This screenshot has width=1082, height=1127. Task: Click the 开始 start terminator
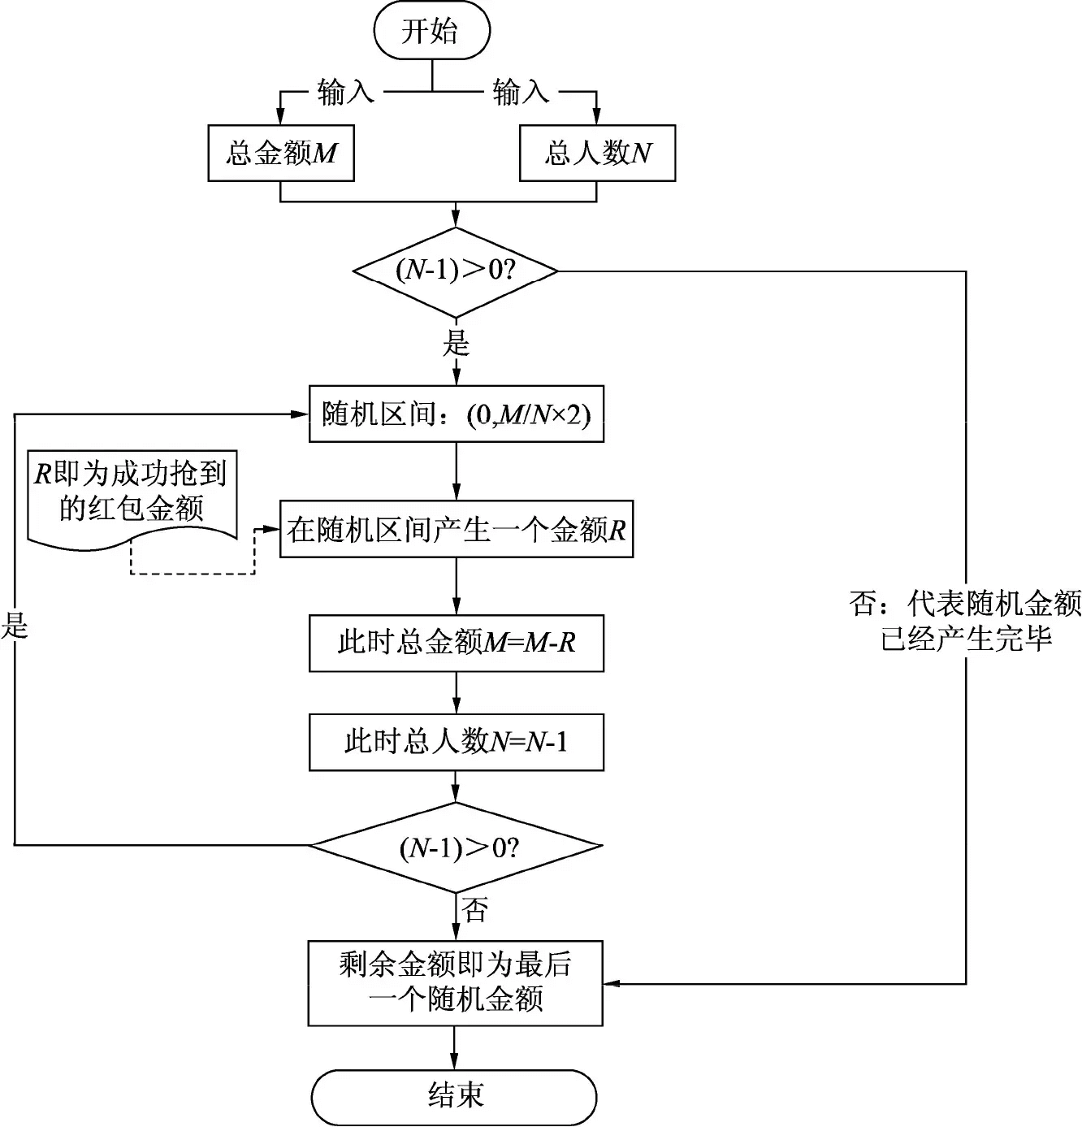click(x=432, y=30)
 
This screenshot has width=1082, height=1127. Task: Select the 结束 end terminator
click(x=454, y=1096)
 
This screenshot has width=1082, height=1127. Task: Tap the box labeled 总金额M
click(x=281, y=154)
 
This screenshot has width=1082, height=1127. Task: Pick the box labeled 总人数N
click(x=597, y=154)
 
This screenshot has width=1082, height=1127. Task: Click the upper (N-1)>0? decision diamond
click(x=456, y=272)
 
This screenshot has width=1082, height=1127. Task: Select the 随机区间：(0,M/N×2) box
click(x=457, y=414)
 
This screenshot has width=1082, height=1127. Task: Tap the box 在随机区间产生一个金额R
click(x=457, y=529)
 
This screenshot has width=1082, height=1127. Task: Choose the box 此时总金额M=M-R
click(x=457, y=644)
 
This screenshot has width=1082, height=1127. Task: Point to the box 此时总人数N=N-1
click(x=457, y=742)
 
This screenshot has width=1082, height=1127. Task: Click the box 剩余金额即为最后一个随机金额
click(x=455, y=983)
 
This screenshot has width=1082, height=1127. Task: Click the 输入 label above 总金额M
click(x=346, y=93)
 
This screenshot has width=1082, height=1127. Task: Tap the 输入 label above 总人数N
click(x=521, y=93)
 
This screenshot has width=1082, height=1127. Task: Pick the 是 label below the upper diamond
click(x=456, y=344)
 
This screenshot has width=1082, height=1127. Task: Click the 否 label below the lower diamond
click(x=474, y=910)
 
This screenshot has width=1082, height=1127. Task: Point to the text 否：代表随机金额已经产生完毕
click(x=965, y=621)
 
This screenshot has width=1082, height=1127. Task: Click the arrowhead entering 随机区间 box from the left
click(x=300, y=414)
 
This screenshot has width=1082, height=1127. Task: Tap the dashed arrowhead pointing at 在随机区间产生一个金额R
click(x=271, y=529)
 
